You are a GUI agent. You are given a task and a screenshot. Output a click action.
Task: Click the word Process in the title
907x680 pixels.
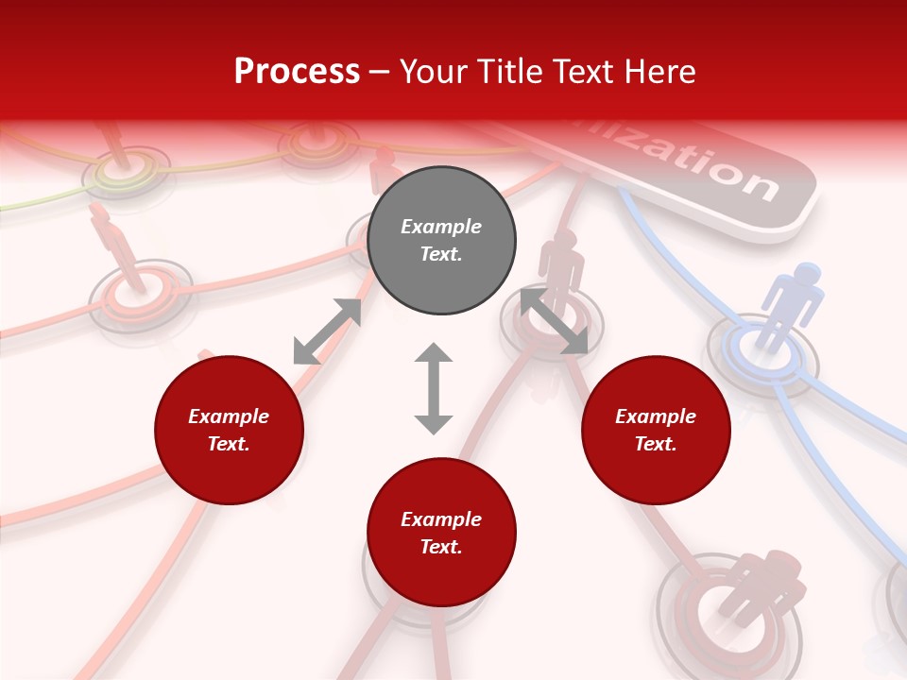(297, 71)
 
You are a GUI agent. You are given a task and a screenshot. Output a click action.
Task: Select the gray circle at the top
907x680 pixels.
(441, 241)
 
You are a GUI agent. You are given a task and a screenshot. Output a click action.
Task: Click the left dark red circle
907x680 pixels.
(229, 431)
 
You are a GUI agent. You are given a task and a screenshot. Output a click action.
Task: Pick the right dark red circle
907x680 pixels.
(656, 431)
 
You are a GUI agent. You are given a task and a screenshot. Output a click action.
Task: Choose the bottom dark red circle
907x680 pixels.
(441, 533)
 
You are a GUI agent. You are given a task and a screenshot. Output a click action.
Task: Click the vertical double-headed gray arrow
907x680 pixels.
(434, 388)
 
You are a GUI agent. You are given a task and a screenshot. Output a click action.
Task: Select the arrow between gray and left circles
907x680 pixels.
(327, 331)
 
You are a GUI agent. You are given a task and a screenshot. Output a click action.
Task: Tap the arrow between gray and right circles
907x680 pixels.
(555, 321)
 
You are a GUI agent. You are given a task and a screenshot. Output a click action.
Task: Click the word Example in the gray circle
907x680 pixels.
(441, 227)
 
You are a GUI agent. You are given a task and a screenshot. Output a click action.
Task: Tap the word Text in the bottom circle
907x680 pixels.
(441, 547)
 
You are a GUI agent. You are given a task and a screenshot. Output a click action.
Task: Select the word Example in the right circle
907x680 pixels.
(656, 416)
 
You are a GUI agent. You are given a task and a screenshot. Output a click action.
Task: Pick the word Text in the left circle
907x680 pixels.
(229, 444)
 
